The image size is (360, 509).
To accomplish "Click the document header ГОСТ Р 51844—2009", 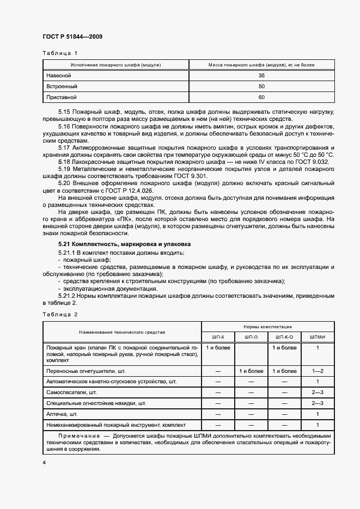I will point(72,36).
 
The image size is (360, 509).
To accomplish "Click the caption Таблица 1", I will point(60,53).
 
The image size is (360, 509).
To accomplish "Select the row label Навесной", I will point(58,75).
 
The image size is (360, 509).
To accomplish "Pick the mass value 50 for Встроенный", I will point(261,87).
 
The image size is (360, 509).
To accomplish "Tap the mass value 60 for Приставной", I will point(261,97).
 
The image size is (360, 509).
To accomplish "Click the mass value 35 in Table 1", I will point(261,75).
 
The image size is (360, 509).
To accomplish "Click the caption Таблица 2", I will point(60,315).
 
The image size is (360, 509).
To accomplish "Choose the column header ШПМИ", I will point(317,336).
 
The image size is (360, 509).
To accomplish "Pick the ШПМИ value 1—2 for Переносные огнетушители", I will point(317,371).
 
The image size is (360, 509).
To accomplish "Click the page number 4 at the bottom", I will point(44,462).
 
